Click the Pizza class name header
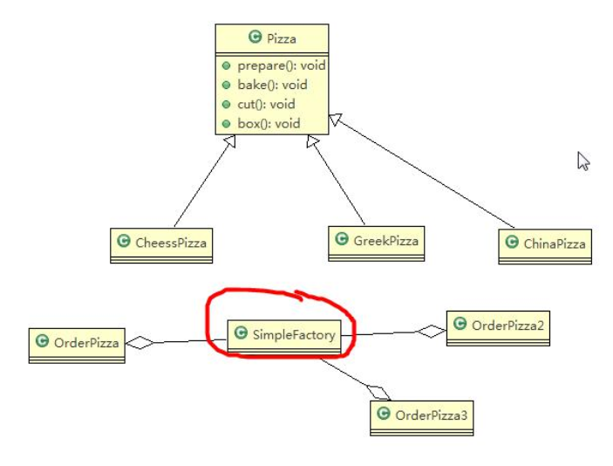(x=272, y=38)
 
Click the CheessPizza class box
(x=162, y=243)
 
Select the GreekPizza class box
(x=377, y=241)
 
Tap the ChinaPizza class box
(x=545, y=243)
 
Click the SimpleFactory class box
(x=283, y=334)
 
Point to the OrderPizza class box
(x=76, y=343)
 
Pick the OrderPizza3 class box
(x=422, y=416)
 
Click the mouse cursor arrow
(x=582, y=160)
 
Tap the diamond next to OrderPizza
(x=139, y=343)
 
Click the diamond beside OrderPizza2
(x=431, y=331)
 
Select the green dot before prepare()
(x=226, y=65)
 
